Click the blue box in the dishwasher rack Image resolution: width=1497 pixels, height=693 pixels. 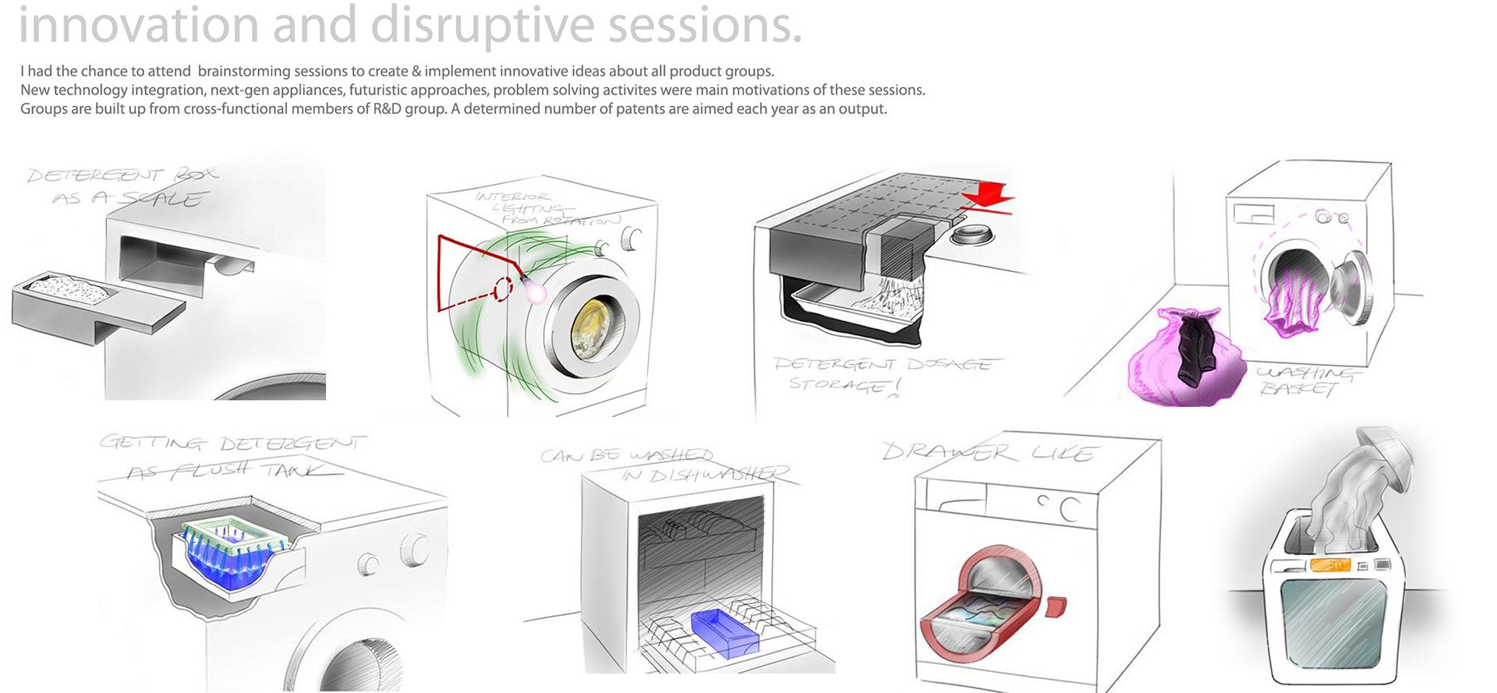(x=725, y=632)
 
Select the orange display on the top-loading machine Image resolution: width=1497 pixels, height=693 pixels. (x=1330, y=564)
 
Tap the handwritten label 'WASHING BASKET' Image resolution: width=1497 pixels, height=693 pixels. (x=1305, y=381)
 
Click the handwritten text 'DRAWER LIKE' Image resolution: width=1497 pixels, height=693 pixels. (x=990, y=452)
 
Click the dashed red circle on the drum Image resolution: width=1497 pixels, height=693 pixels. (x=504, y=288)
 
